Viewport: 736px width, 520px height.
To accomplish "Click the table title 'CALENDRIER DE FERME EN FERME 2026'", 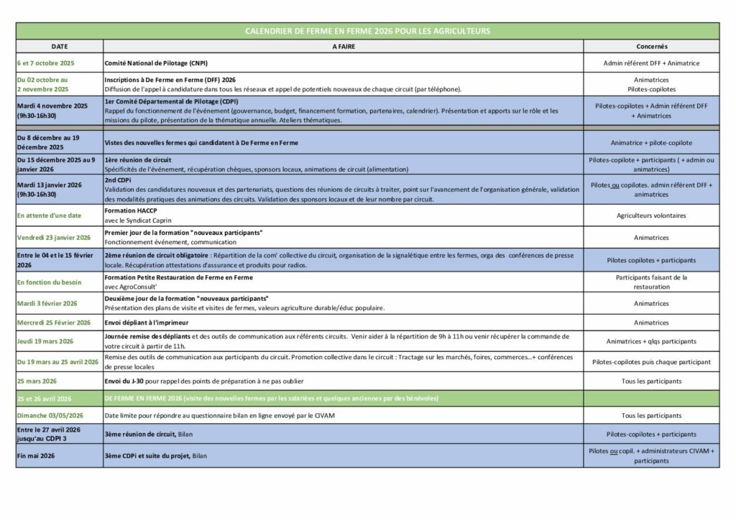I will click(x=367, y=31).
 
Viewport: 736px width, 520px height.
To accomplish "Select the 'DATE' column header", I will click(x=59, y=45).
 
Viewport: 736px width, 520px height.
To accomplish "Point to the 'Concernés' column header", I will click(x=652, y=45).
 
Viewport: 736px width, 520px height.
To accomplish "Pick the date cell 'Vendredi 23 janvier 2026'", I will click(x=53, y=238).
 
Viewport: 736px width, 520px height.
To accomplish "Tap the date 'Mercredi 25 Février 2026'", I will click(x=54, y=322).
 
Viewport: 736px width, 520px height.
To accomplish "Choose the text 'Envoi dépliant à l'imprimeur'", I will click(x=150, y=322).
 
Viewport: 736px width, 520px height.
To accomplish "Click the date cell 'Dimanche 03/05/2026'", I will click(x=50, y=415).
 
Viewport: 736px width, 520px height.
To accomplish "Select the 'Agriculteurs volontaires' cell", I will click(x=651, y=215).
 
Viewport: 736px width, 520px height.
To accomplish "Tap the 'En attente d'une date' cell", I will click(x=50, y=215).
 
